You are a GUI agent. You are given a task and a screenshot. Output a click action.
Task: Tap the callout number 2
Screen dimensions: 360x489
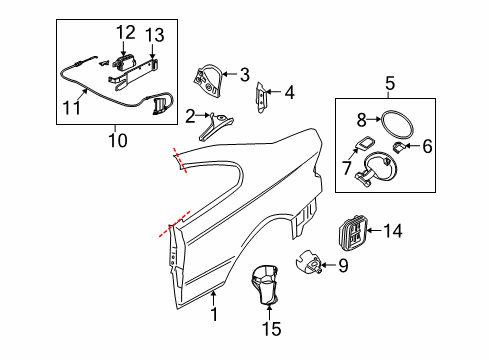(189, 116)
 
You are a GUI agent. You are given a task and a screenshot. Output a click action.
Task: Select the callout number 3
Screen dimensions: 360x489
(243, 73)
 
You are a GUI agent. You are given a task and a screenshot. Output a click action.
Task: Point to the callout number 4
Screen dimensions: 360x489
(289, 93)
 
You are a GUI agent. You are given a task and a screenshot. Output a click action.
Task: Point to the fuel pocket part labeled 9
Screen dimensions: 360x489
(310, 265)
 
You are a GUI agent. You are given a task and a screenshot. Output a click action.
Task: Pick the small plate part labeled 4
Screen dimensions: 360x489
(265, 97)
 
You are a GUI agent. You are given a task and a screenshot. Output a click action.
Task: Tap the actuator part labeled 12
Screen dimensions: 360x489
(125, 64)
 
